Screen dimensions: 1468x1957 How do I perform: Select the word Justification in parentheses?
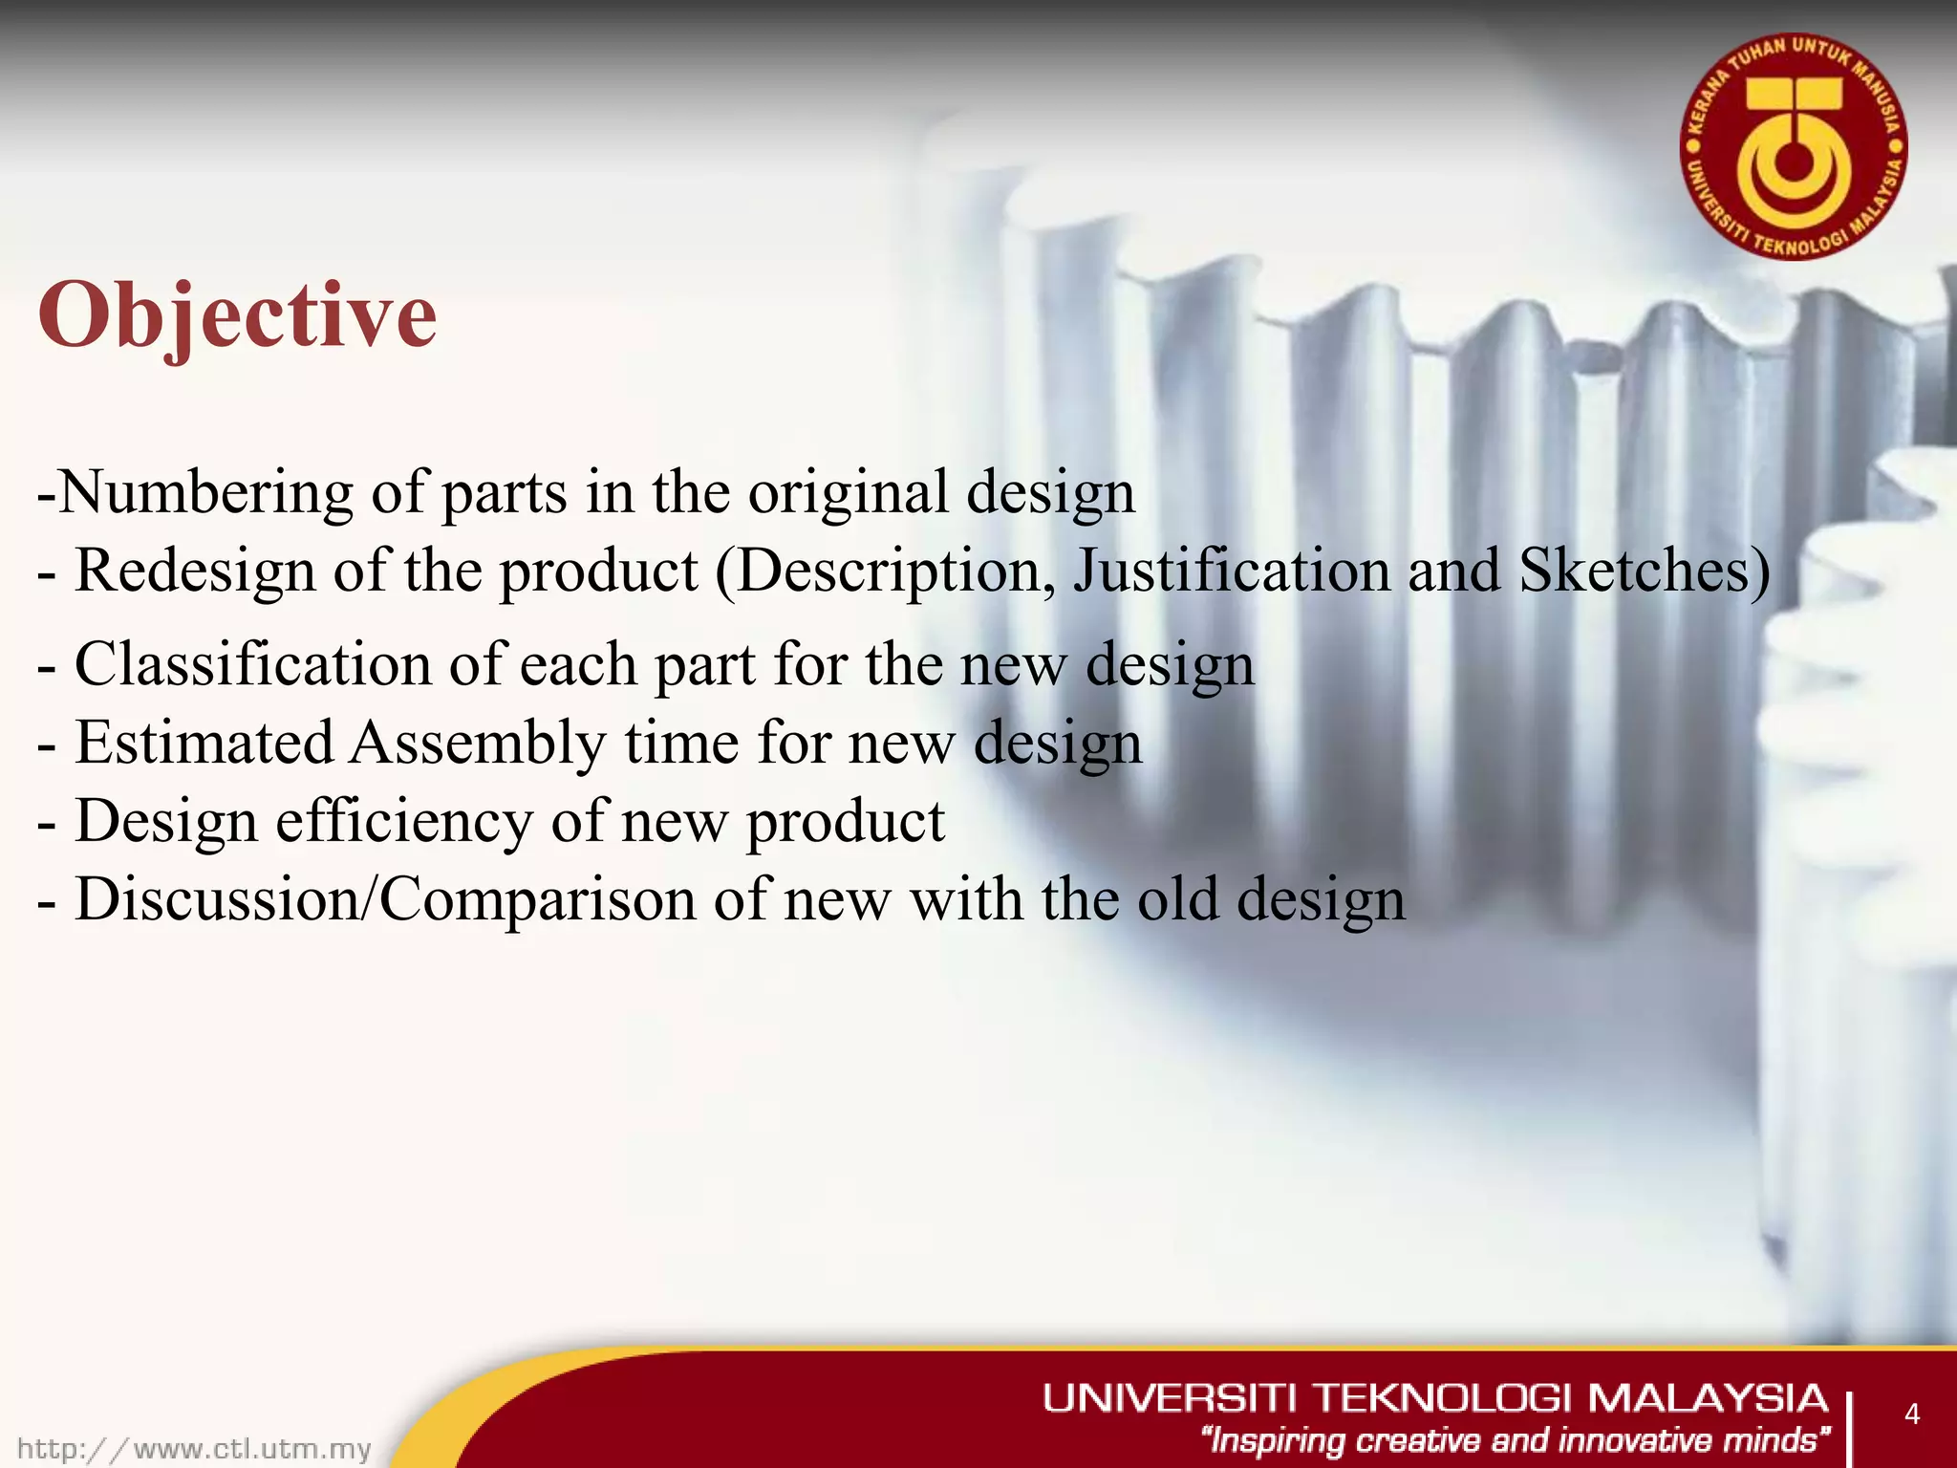tap(1231, 571)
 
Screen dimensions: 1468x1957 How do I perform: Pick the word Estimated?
tap(204, 743)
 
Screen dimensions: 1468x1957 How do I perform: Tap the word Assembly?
tap(476, 743)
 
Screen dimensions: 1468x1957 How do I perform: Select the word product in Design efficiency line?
tap(845, 822)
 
